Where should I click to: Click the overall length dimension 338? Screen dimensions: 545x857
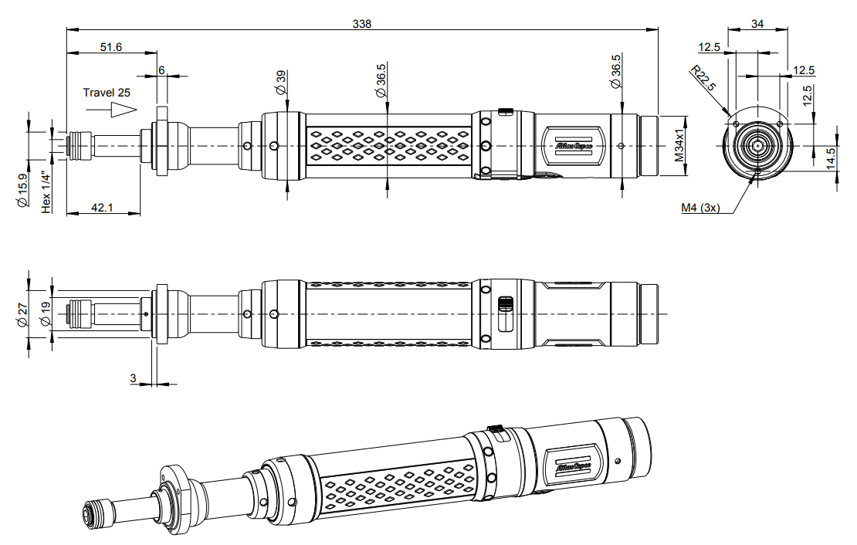pos(362,24)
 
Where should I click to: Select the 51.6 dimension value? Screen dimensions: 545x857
pos(112,47)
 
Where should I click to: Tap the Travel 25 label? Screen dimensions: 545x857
pos(107,92)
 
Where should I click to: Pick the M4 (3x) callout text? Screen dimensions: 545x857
pos(700,208)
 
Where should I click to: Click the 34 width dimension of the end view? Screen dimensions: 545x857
pos(757,24)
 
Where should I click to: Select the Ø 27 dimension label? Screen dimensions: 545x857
pos(22,314)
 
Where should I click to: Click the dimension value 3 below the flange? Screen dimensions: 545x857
pos(133,378)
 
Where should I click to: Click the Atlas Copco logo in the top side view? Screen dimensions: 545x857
pos(572,144)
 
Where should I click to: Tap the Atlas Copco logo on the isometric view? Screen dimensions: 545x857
pos(572,466)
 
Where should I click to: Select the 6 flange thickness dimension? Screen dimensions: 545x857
pos(161,69)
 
